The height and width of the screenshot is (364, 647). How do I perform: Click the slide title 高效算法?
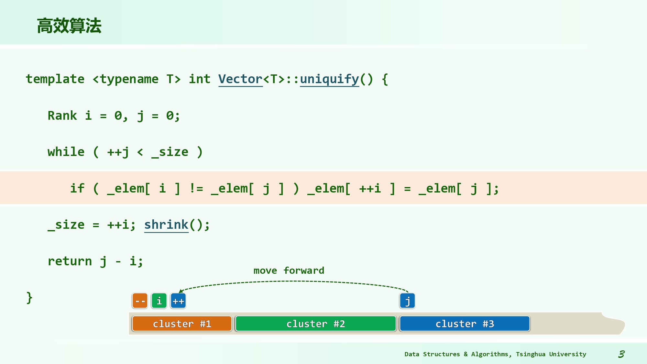69,26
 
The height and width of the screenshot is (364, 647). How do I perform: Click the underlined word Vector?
240,79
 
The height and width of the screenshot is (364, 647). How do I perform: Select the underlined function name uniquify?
329,79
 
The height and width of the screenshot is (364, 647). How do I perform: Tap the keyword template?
55,79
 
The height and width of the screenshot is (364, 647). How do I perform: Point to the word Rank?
62,116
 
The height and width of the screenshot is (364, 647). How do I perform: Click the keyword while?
66,152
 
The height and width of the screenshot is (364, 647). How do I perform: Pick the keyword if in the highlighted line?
77,188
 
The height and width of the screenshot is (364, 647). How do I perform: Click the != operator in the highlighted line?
196,188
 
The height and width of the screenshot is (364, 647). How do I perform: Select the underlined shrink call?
166,225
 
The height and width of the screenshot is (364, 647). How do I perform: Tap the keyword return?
70,261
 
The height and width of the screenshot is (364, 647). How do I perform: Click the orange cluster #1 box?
182,324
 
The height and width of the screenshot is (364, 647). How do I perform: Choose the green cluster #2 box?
316,324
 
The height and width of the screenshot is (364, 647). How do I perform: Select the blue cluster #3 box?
465,324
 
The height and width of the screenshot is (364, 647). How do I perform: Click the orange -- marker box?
140,301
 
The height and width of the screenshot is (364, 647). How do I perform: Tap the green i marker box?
159,301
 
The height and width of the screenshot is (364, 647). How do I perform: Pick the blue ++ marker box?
178,301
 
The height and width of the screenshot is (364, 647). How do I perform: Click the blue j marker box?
407,301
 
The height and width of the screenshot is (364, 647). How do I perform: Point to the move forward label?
289,270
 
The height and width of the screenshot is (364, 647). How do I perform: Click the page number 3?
621,354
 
